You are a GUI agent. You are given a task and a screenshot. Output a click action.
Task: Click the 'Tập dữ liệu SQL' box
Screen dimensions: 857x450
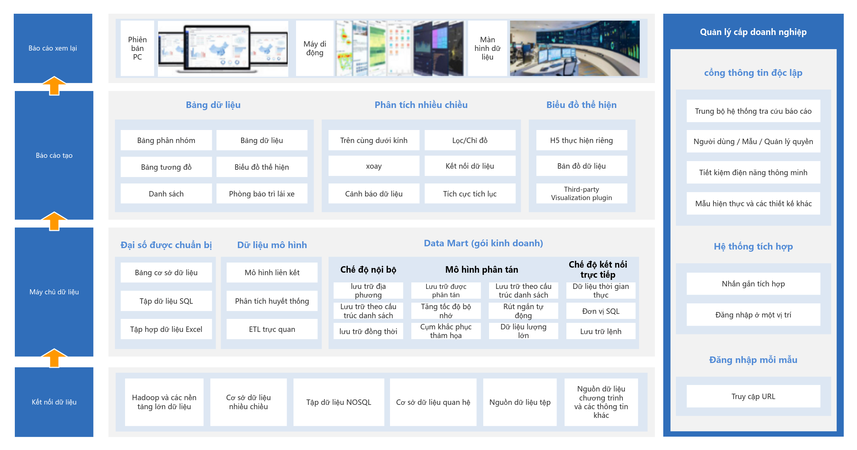pos(166,301)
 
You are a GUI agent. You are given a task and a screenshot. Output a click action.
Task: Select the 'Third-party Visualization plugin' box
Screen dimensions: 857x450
pos(582,194)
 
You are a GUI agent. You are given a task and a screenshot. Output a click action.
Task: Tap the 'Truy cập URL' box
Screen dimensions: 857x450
pos(753,396)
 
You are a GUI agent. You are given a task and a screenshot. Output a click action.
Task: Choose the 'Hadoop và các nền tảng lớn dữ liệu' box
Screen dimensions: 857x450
pos(164,402)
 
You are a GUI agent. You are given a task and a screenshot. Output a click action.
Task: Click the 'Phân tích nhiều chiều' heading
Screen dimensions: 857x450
pos(421,105)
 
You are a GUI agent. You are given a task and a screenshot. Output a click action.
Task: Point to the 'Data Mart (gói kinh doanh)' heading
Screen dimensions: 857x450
pos(483,243)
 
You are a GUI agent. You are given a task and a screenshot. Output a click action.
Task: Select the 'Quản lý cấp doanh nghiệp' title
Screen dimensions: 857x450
pos(753,32)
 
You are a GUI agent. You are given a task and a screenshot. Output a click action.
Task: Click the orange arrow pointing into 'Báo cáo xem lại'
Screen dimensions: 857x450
pos(54,86)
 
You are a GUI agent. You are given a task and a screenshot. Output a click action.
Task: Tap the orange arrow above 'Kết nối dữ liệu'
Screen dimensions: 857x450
pos(54,358)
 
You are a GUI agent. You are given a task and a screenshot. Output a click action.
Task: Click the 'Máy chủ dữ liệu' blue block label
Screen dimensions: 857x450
pos(54,292)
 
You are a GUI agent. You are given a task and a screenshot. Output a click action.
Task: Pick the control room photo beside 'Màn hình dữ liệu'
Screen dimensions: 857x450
pos(575,48)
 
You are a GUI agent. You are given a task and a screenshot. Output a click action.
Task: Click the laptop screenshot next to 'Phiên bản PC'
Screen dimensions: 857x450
pos(223,48)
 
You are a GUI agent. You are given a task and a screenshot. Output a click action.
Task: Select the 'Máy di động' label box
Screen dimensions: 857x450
pos(315,48)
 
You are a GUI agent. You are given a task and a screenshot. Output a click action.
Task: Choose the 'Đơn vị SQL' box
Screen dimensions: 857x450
pos(601,311)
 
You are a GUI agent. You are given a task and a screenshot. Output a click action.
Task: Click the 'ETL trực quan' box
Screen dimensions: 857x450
pos(272,329)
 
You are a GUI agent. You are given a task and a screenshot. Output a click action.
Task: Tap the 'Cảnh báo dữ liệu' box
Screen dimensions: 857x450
pos(374,194)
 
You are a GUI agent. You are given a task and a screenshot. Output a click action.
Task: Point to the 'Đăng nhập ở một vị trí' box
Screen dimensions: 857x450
pos(753,315)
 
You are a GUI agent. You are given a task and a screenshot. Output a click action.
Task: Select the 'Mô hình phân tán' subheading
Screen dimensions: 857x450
pos(482,269)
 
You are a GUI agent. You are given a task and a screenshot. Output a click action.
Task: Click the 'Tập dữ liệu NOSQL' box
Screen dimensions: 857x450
pos(339,402)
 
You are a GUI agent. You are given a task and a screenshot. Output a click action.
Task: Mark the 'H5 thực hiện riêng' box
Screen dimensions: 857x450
pos(582,140)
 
